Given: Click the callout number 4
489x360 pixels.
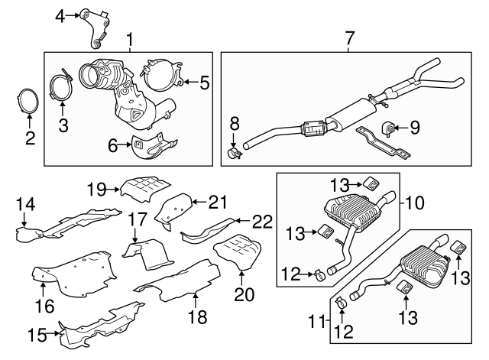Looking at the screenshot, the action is point(60,16).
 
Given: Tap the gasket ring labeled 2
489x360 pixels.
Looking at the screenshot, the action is point(28,100).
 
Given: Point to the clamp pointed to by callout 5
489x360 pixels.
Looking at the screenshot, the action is point(161,76).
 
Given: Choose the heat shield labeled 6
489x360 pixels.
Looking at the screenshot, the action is point(152,147).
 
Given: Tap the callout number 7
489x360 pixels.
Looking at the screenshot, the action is point(350,38).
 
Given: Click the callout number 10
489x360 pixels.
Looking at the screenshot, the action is point(416,203).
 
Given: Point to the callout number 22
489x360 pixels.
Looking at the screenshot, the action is point(263,222).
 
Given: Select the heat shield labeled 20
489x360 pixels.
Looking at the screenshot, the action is point(238,251).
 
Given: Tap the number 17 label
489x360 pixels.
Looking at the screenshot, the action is point(138,219).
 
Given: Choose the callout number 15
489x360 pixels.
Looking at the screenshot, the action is point(37,336).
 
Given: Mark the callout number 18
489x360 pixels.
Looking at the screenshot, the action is point(198,317).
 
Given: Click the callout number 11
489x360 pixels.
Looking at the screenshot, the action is point(317,322).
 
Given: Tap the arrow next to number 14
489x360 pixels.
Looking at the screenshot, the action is point(24,219).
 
